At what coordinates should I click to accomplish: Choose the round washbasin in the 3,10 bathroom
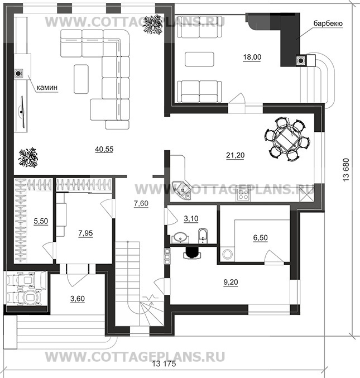point(178,237)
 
